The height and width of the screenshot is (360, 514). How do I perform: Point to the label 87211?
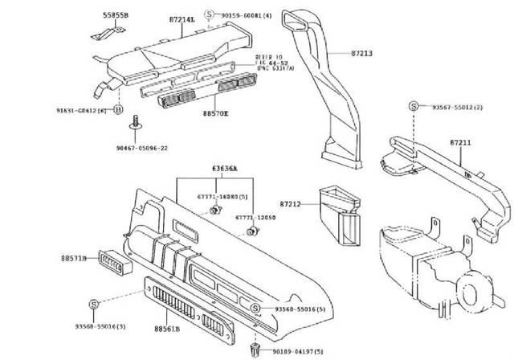460,141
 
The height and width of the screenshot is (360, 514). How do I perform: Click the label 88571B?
74,259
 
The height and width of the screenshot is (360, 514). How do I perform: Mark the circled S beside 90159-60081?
210,15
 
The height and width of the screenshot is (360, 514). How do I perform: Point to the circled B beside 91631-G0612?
118,108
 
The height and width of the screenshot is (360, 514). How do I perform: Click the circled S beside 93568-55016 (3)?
94,303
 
